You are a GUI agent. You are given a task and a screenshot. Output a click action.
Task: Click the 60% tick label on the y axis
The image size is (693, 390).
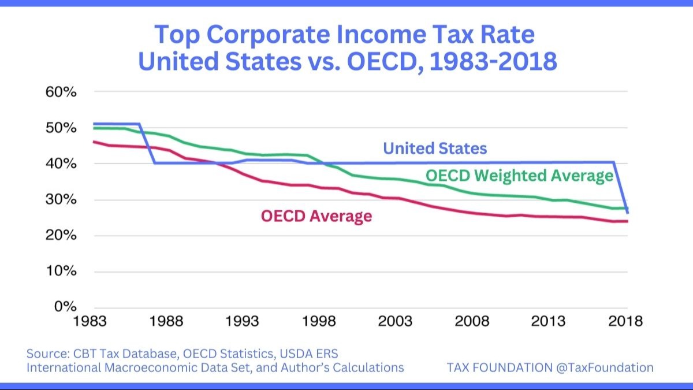click(61, 92)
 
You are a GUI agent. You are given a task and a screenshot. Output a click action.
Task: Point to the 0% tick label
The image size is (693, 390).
click(65, 307)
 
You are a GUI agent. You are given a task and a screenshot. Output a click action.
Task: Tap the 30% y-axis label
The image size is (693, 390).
click(61, 200)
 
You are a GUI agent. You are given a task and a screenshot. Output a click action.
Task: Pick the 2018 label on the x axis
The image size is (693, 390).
click(626, 322)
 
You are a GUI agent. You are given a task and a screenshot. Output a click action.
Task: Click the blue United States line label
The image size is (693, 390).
click(435, 148)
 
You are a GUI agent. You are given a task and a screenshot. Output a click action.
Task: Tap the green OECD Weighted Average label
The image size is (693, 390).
click(519, 176)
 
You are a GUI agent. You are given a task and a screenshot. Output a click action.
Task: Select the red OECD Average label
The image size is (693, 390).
click(316, 217)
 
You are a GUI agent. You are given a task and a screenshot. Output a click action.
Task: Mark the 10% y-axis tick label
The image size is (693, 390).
click(61, 272)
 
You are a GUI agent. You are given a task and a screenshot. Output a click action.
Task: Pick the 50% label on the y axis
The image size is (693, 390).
click(61, 128)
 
